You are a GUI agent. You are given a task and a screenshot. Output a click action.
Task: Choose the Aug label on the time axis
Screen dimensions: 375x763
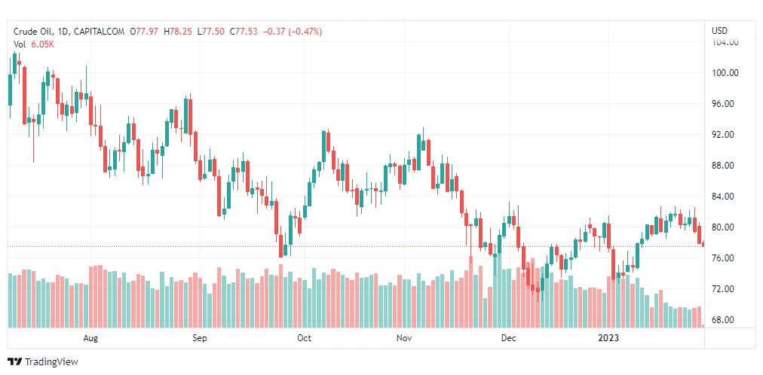click(x=91, y=339)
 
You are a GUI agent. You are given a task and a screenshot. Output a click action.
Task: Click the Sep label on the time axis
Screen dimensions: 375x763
click(x=199, y=339)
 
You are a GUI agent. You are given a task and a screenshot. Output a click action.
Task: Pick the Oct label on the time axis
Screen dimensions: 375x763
click(x=304, y=339)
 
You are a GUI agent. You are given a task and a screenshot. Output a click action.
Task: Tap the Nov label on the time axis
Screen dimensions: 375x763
click(x=406, y=339)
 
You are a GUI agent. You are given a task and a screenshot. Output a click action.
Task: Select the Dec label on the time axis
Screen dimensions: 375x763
click(x=508, y=339)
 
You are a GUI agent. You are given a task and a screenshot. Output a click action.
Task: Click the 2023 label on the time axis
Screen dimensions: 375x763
click(x=608, y=339)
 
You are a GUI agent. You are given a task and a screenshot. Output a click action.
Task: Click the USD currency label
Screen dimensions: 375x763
click(x=719, y=31)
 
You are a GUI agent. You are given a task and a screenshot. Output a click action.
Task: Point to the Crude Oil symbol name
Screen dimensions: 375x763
click(x=34, y=32)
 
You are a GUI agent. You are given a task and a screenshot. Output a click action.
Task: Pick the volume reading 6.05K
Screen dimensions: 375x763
click(x=41, y=44)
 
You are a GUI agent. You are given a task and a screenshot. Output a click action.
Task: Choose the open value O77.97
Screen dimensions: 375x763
click(x=143, y=32)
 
